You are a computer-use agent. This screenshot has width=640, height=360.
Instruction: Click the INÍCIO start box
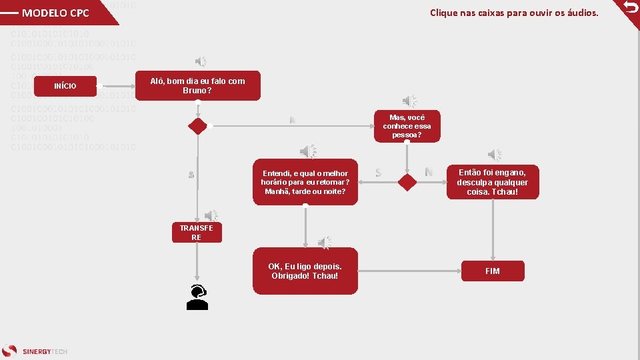click(x=65, y=86)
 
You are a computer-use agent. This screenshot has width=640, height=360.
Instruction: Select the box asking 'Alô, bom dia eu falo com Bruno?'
click(x=197, y=85)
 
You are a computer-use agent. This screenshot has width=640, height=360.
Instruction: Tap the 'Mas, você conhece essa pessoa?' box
click(x=407, y=126)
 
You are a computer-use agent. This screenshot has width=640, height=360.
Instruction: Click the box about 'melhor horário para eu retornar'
click(x=305, y=182)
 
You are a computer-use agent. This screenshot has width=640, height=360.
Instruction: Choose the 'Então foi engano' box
click(x=492, y=182)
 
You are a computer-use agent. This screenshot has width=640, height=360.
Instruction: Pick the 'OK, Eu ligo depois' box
click(x=305, y=271)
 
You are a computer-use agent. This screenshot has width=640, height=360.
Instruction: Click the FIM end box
click(x=492, y=271)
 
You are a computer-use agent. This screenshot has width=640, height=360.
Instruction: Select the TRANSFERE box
click(x=196, y=232)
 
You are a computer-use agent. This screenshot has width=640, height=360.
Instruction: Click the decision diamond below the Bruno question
click(x=197, y=126)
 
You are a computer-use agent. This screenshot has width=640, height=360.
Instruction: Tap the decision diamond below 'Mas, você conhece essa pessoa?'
click(x=407, y=182)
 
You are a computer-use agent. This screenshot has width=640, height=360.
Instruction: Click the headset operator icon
click(x=197, y=297)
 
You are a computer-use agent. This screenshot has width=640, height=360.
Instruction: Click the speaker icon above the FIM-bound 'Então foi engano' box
click(x=495, y=155)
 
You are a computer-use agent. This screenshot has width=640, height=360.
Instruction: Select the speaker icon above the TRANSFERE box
click(x=211, y=215)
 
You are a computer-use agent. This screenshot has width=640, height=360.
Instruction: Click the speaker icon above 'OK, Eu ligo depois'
click(x=325, y=242)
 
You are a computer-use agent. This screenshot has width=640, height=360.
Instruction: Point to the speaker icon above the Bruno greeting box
click(x=200, y=62)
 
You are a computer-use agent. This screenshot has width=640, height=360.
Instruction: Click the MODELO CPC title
click(x=55, y=13)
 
